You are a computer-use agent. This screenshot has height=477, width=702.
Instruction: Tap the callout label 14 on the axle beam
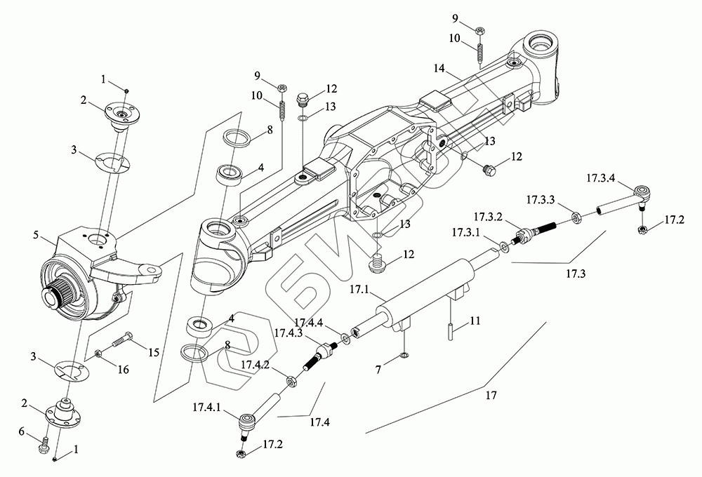(x=439, y=69)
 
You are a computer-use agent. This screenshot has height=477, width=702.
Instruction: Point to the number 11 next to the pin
(x=475, y=321)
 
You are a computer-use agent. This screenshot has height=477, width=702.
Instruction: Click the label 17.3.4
(x=601, y=178)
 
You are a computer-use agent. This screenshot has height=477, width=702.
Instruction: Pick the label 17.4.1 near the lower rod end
(x=207, y=407)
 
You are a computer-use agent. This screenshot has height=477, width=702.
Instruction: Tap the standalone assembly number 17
(x=491, y=395)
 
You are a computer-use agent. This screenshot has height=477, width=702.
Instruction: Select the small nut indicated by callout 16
(x=98, y=355)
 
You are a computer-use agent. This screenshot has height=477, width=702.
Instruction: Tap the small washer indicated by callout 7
(x=404, y=356)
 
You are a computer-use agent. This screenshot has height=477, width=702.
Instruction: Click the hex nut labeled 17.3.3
(x=577, y=218)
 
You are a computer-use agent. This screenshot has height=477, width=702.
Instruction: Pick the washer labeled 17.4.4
(x=346, y=338)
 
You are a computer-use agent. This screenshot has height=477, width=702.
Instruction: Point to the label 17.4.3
(x=289, y=333)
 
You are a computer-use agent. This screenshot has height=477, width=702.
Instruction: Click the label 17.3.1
(x=465, y=232)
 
